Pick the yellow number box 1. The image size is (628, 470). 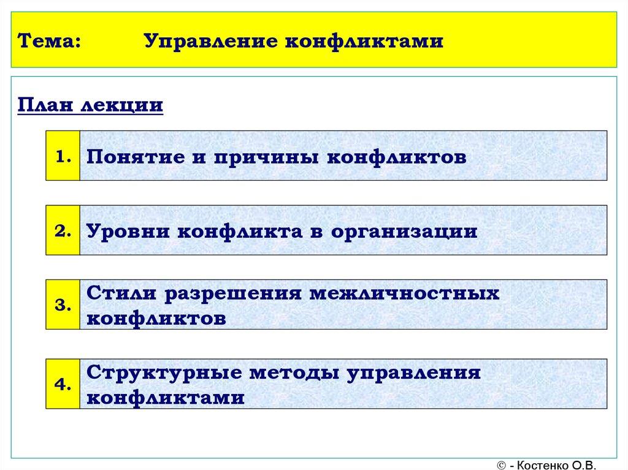pos(63,156)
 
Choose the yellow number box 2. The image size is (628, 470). pos(63,230)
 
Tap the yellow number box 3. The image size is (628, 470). pos(63,305)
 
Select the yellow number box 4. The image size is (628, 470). pos(63,384)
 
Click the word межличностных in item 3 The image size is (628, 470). pos(405,294)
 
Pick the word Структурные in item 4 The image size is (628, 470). pos(160,373)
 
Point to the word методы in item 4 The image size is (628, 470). pos(291,373)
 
